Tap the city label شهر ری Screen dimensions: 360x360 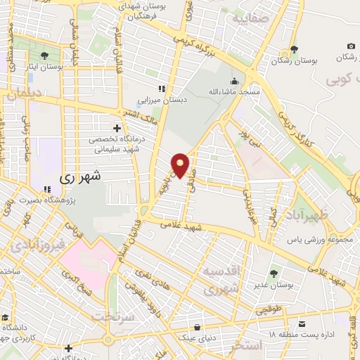81,177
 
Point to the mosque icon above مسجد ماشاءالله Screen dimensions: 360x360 233,80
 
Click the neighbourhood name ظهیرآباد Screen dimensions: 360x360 305,214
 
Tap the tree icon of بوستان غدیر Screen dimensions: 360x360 274,273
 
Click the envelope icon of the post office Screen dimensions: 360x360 302,325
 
